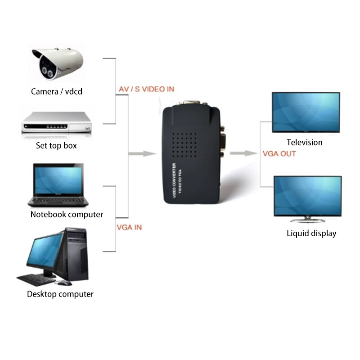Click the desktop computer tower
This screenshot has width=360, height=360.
[x=76, y=254]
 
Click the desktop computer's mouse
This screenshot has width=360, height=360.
[x=63, y=283]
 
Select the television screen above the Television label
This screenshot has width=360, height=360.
[x=306, y=112]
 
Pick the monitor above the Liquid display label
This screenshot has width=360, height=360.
[x=308, y=196]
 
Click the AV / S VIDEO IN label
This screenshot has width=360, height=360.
[x=146, y=90]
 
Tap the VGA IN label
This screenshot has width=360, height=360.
[x=129, y=227]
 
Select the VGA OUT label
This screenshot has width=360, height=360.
[x=279, y=154]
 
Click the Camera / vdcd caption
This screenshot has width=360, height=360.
[x=57, y=92]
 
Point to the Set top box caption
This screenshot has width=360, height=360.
[x=56, y=146]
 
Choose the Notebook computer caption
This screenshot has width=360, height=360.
[x=67, y=215]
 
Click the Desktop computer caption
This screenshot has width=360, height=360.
[x=60, y=294]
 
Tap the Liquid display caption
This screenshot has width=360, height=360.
[x=311, y=234]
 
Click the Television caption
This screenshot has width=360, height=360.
[x=305, y=143]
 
